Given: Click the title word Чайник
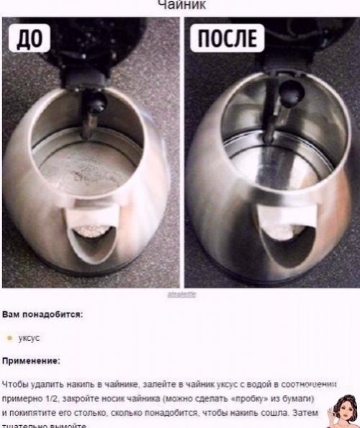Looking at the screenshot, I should pos(179,4).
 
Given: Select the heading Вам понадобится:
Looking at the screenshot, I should pos(42,314).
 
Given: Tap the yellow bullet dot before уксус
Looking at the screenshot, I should pos(9,336).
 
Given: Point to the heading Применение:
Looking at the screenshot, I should pos(32,360).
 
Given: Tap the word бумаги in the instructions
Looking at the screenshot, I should pos(295,397).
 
